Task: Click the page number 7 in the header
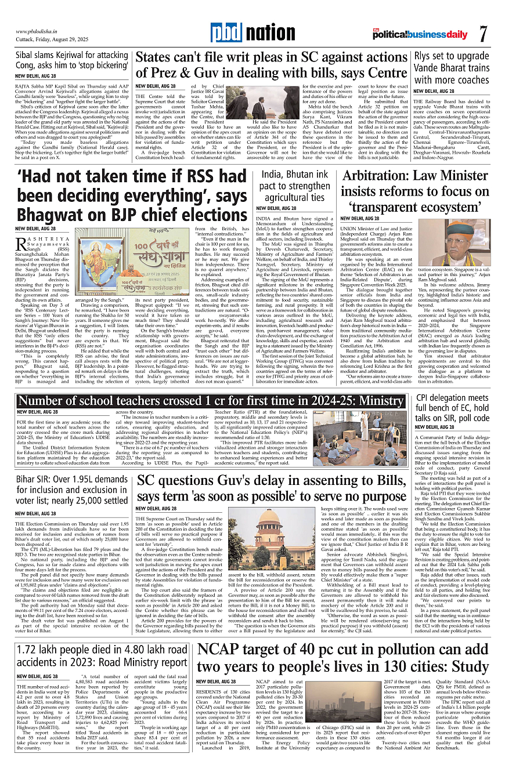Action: pyautogui.click(x=483, y=34)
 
